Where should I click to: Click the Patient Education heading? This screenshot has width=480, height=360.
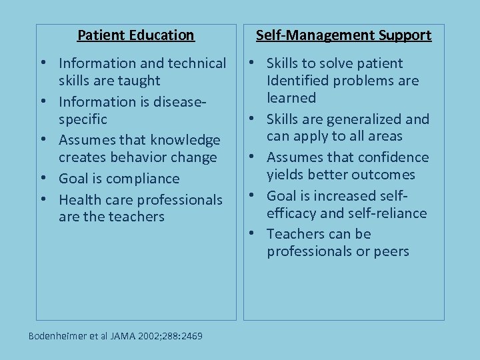point(135,35)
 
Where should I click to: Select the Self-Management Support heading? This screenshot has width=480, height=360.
point(343,35)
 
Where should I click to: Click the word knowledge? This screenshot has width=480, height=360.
point(185,140)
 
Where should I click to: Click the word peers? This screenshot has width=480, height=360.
point(392,251)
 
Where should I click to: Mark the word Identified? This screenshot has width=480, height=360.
point(297,81)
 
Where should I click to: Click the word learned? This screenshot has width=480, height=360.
point(291,98)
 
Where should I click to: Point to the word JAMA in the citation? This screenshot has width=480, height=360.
point(122,336)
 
